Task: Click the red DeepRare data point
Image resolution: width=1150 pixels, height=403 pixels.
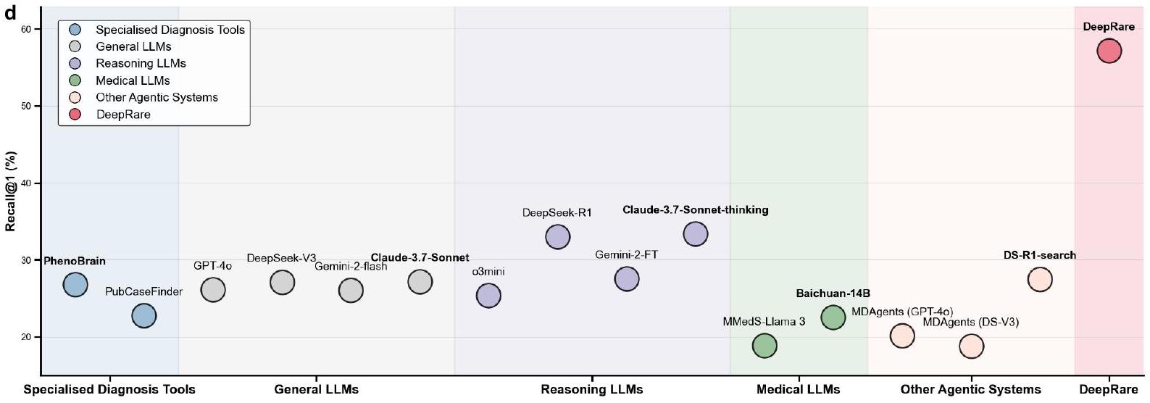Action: [x=1109, y=51]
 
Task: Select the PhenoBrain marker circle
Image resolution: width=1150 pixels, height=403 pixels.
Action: [x=75, y=285]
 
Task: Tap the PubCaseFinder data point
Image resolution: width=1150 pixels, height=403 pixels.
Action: [x=144, y=316]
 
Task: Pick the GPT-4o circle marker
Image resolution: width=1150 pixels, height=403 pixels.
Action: [x=213, y=290]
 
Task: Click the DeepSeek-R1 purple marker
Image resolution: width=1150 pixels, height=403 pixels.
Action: [x=557, y=236]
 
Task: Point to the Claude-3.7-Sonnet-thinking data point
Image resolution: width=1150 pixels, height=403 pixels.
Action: [x=695, y=234]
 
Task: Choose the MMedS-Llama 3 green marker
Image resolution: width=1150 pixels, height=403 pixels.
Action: [x=764, y=346]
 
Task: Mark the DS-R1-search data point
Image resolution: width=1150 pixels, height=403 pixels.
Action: [x=1039, y=279]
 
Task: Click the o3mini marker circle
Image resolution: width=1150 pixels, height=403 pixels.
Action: [x=488, y=296]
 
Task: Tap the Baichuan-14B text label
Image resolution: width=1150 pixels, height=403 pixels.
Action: [x=833, y=294]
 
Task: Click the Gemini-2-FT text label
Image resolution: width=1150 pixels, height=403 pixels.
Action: [x=626, y=255]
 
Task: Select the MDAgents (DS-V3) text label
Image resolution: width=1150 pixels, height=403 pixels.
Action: [x=970, y=322]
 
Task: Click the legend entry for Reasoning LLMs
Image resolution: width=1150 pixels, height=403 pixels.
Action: [x=141, y=64]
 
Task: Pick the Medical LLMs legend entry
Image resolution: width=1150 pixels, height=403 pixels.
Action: [x=133, y=80]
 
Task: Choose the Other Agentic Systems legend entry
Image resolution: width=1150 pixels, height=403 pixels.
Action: [x=157, y=97]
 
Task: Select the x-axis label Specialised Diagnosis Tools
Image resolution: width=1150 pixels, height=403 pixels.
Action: [x=109, y=389]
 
